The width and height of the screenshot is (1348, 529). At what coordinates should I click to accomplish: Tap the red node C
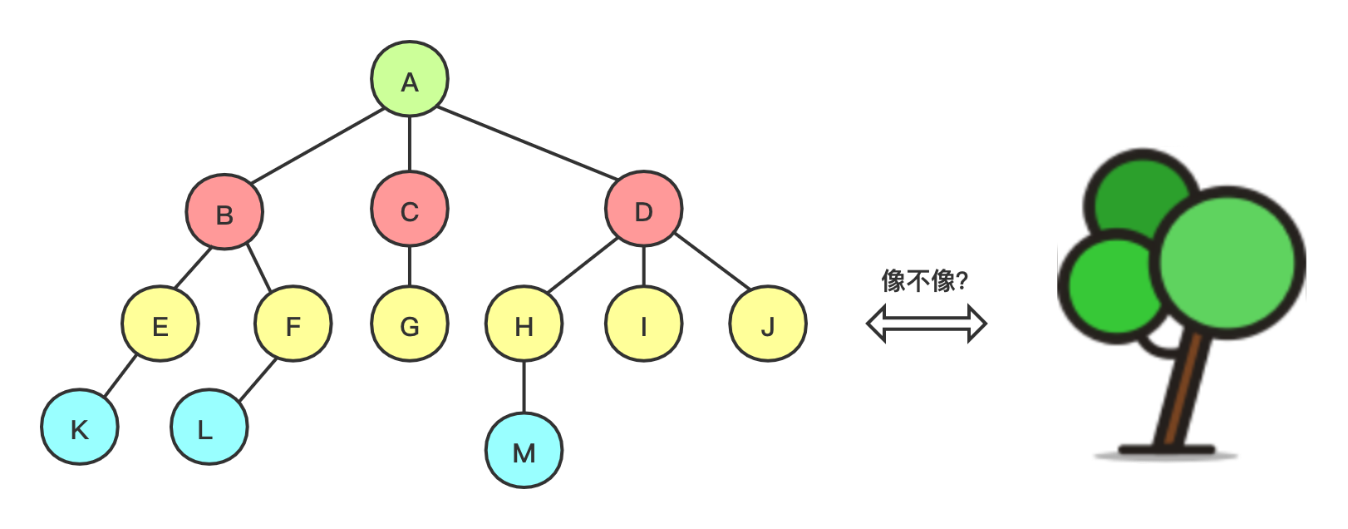click(x=409, y=210)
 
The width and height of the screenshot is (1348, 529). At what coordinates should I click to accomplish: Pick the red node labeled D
click(x=643, y=210)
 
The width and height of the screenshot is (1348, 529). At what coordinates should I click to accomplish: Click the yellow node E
click(x=160, y=324)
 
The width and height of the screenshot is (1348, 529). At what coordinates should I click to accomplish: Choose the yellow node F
click(x=293, y=324)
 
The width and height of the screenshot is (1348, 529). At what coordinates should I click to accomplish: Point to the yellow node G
click(x=409, y=324)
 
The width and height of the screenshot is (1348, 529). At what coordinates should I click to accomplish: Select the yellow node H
click(x=524, y=324)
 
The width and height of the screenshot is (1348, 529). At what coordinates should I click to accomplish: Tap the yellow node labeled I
click(x=643, y=324)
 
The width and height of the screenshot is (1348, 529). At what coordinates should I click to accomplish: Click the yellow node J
click(x=768, y=324)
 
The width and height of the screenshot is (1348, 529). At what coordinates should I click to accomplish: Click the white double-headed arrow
click(x=926, y=324)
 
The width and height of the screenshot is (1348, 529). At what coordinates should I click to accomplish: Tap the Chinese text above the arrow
click(x=924, y=281)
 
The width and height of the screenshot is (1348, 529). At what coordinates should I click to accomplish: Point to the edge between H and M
click(x=524, y=387)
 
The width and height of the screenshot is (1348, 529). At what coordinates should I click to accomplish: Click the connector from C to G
click(x=409, y=266)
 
